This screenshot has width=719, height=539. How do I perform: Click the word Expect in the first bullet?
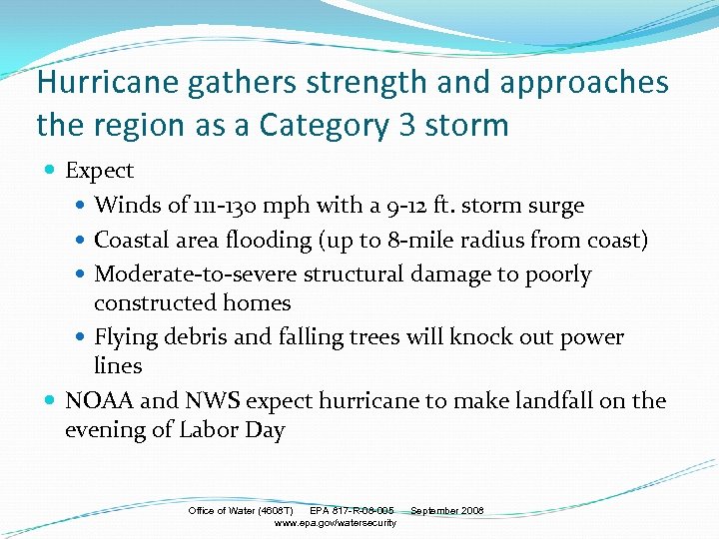[99, 171]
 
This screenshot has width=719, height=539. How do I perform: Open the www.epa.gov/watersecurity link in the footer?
[335, 523]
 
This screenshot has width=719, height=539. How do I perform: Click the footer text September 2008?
[446, 511]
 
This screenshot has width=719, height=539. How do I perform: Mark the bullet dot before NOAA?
[52, 401]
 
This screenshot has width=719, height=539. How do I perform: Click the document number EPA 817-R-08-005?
[352, 511]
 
